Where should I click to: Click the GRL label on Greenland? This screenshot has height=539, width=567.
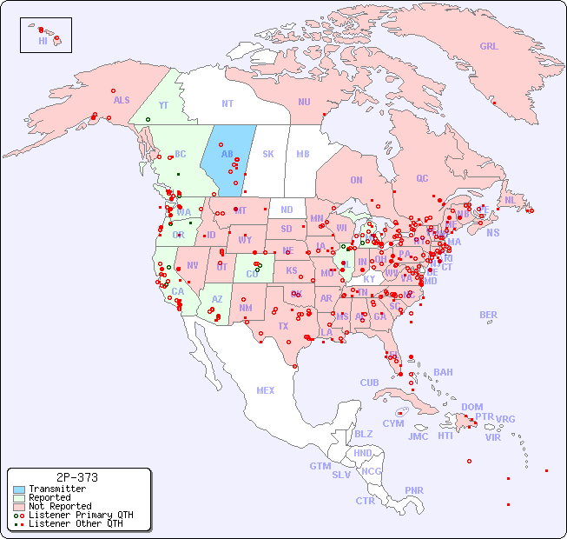tap(489, 46)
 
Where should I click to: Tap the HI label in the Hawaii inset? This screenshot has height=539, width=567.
tap(43, 41)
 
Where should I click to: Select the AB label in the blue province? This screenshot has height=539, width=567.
tap(227, 154)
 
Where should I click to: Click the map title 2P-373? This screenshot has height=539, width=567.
tap(76, 477)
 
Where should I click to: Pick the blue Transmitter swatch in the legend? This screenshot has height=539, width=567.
tap(19, 489)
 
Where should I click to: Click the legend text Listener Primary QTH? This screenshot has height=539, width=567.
tap(81, 515)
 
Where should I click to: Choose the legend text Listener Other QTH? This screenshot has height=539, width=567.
tap(76, 523)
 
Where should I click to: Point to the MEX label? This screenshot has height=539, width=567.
tap(266, 390)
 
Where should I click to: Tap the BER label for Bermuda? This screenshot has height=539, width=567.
tap(488, 315)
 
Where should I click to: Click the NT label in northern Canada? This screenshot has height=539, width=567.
tap(227, 103)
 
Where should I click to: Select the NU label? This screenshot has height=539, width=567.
tap(304, 102)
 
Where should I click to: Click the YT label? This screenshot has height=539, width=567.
tap(163, 105)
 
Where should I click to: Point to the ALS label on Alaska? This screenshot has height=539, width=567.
tap(122, 100)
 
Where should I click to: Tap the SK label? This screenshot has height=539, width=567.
tap(268, 154)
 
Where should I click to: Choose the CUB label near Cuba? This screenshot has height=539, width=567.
tap(370, 383)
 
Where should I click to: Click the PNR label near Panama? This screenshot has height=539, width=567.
tap(414, 490)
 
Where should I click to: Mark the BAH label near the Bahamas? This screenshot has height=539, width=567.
tap(443, 372)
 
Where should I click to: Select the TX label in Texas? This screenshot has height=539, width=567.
tap(283, 326)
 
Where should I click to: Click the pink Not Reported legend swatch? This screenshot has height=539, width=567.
tap(19, 506)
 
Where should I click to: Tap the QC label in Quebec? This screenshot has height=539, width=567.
tap(422, 178)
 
